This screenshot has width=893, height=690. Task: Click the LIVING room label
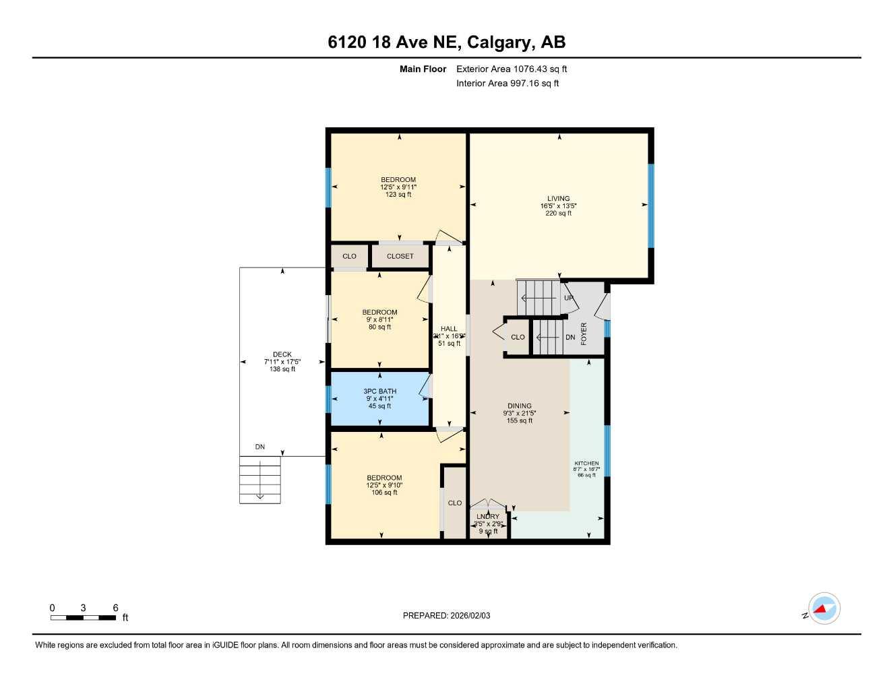pyautogui.click(x=558, y=199)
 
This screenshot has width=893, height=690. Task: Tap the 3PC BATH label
pyautogui.click(x=379, y=391)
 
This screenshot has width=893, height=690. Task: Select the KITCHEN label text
pyautogui.click(x=586, y=464)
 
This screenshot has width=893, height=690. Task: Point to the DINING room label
pyautogui.click(x=519, y=406)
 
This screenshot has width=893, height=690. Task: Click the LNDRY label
pyautogui.click(x=488, y=517)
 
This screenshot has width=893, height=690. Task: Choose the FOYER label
pyautogui.click(x=584, y=334)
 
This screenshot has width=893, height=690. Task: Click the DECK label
pyautogui.click(x=282, y=354)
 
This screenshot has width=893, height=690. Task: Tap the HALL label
pyautogui.click(x=449, y=329)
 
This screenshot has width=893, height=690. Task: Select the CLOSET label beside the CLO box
pyautogui.click(x=400, y=256)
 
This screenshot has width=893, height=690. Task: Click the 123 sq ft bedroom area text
pyautogui.click(x=398, y=195)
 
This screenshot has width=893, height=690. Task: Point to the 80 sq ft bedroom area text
pyautogui.click(x=379, y=327)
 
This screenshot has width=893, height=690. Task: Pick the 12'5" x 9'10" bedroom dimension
pyautogui.click(x=384, y=485)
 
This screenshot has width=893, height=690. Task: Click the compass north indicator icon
pyautogui.click(x=823, y=609)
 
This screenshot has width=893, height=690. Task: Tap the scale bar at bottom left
pyautogui.click(x=83, y=617)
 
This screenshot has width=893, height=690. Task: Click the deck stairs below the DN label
pyautogui.click(x=260, y=479)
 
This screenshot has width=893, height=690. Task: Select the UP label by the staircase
pyautogui.click(x=568, y=298)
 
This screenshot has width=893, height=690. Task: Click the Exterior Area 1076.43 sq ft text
pyautogui.click(x=512, y=69)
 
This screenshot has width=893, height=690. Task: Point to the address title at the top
pyautogui.click(x=446, y=42)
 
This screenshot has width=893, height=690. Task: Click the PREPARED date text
pyautogui.click(x=446, y=615)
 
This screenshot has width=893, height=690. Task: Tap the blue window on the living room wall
pyautogui.click(x=651, y=206)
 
